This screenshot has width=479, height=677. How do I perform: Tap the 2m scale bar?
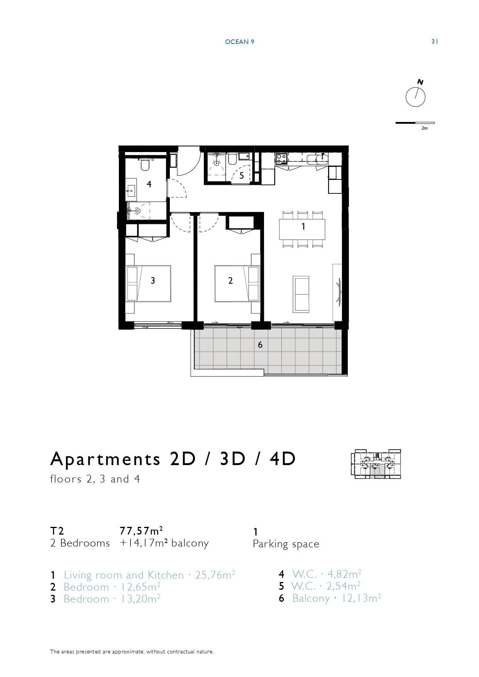tap(415, 123)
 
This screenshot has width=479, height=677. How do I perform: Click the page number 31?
tap(435, 42)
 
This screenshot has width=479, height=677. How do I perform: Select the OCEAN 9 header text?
tap(239, 42)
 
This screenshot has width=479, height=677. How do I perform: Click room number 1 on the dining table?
tap(303, 227)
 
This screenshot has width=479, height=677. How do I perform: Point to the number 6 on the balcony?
tap(260, 345)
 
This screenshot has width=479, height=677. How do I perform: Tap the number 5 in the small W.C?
tap(242, 176)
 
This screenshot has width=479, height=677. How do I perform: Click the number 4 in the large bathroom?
tap(149, 184)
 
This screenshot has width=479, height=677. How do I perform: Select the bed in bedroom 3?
tap(148, 283)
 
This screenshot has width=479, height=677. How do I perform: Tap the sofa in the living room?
tap(301, 294)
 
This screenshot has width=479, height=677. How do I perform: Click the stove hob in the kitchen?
tap(281, 158)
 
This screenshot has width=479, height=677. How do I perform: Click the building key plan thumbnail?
tap(376, 464)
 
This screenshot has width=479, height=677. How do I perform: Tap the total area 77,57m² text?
tap(141, 531)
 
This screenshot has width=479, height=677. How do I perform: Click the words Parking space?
tap(286, 544)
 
